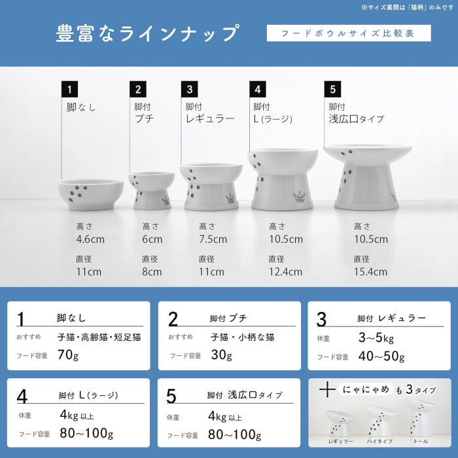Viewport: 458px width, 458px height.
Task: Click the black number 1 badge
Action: pyautogui.click(x=69, y=89)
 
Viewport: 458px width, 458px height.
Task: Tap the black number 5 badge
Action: pyautogui.click(x=332, y=89)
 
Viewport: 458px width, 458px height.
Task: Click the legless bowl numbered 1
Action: pyautogui.click(x=90, y=194)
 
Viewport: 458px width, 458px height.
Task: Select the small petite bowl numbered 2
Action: pyautogui.click(x=152, y=190)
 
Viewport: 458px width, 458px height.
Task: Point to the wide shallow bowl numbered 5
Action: pyautogui.click(x=368, y=177)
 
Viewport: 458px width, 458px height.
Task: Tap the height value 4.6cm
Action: pyautogui.click(x=90, y=239)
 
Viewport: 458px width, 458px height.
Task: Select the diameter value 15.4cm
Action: pyautogui.click(x=370, y=272)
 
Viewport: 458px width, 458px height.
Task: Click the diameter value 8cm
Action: pyautogui.click(x=152, y=272)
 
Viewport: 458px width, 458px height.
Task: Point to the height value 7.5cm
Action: pyautogui.click(x=213, y=239)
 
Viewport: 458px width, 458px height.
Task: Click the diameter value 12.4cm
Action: pyautogui.click(x=285, y=272)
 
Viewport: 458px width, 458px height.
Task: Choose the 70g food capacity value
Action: pyautogui.click(x=68, y=355)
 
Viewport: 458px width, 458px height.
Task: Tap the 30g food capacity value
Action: pyautogui.click(x=221, y=355)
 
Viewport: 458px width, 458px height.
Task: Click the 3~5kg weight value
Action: pyautogui.click(x=376, y=338)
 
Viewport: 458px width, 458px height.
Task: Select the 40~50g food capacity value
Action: pyautogui.click(x=381, y=357)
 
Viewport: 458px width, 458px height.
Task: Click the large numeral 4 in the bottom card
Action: pyautogui.click(x=22, y=396)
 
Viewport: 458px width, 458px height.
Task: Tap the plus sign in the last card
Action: pyautogui.click(x=327, y=390)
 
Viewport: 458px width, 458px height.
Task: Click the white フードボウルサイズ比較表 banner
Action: pyautogui.click(x=349, y=33)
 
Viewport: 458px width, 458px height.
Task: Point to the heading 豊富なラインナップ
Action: pyautogui.click(x=147, y=33)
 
